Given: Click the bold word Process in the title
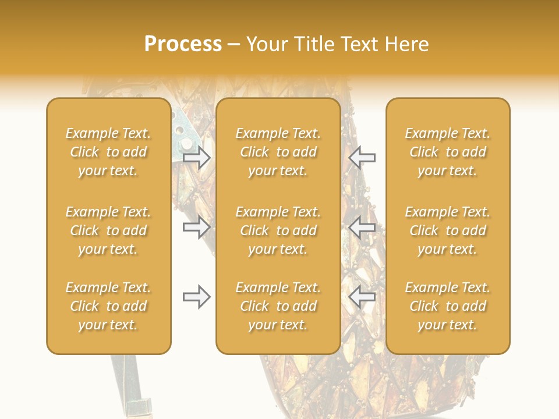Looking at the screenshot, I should [183, 44].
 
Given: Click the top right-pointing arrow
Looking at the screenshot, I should [197, 157].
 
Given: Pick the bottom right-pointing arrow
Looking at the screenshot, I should [197, 297].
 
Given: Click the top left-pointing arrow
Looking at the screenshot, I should [362, 157].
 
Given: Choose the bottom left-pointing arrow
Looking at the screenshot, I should [362, 297].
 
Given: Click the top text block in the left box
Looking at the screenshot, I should [108, 152].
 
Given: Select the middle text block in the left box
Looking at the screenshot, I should [108, 230].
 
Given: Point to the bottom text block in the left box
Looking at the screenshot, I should [108, 306].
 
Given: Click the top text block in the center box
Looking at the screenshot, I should [278, 152].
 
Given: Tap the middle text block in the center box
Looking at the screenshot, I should [278, 230].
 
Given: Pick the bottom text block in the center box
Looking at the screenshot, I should [278, 306].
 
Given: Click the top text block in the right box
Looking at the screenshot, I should [448, 152].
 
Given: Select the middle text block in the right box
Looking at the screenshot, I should [448, 230].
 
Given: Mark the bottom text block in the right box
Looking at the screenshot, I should [448, 306].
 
